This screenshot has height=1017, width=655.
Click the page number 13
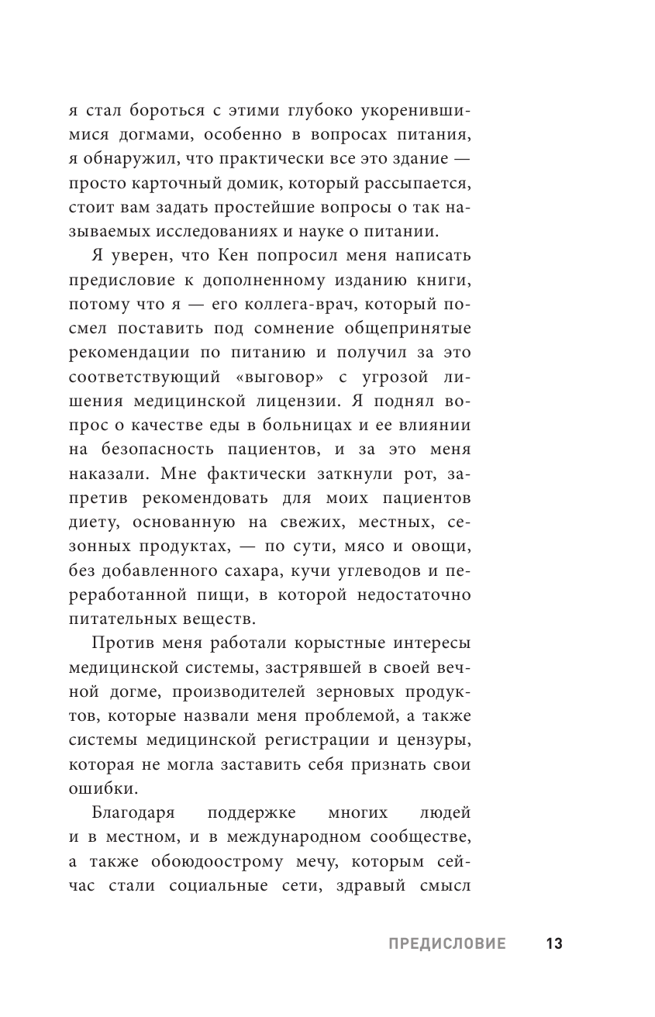click(x=553, y=943)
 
